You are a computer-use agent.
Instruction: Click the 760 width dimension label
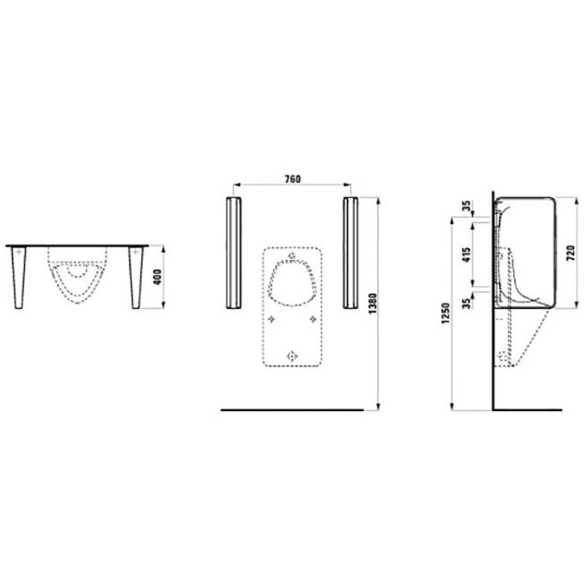pyautogui.click(x=292, y=178)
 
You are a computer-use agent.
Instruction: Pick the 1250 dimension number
pyautogui.click(x=445, y=315)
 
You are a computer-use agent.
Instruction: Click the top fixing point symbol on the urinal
pyautogui.click(x=292, y=256)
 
